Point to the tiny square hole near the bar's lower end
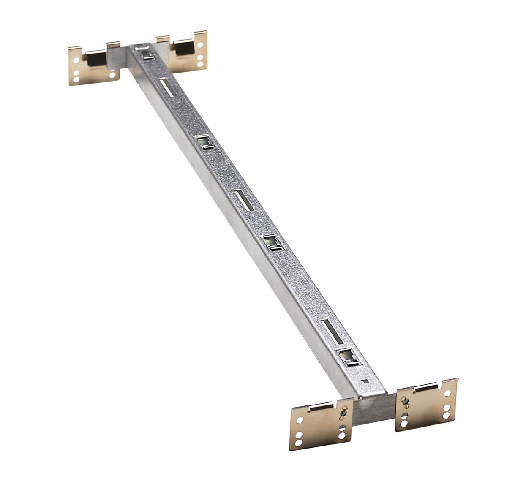coord(366,380)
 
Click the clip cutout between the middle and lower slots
coord(273,242)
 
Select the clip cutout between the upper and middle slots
coord(205,141)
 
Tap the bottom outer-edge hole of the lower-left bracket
coord(300,443)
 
